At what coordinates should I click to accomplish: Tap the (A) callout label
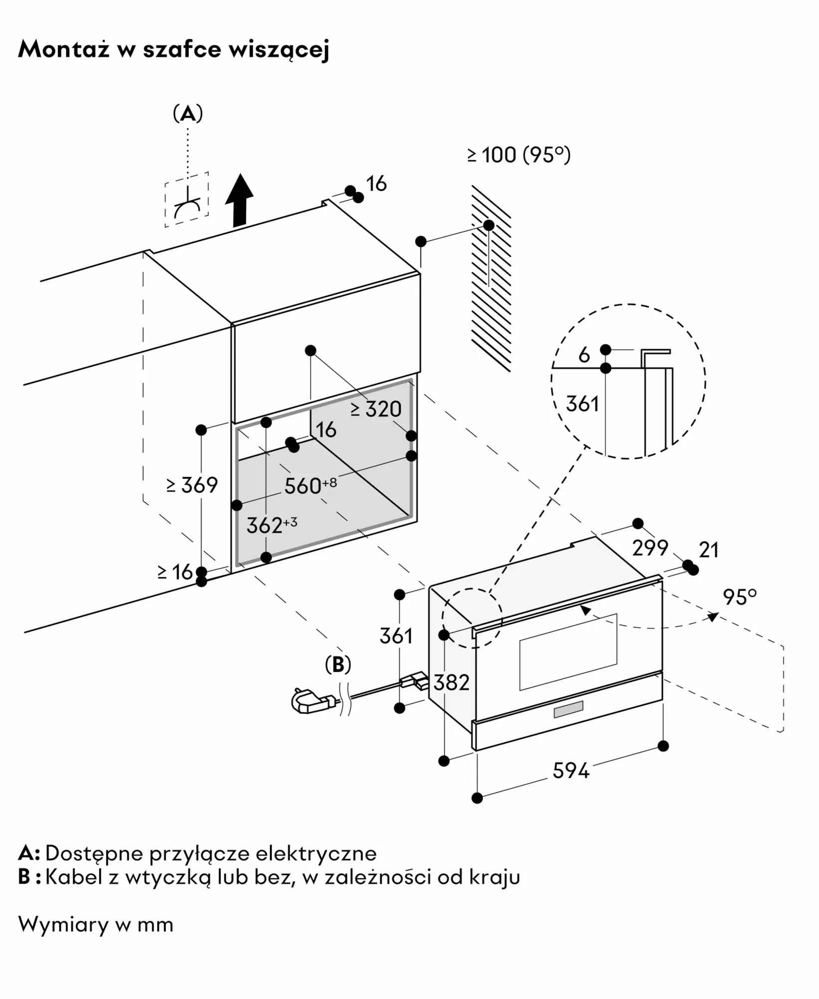[x=188, y=114]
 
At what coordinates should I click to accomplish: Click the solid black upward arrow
[x=239, y=200]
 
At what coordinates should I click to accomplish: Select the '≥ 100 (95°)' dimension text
[x=519, y=155]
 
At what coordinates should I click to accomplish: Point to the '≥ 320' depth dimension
[x=376, y=409]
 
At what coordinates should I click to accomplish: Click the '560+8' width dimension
[x=310, y=486]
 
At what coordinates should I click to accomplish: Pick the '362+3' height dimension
[x=272, y=525]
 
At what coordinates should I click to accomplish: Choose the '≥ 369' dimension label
[x=192, y=485]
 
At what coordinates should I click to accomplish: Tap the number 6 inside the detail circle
[x=584, y=355]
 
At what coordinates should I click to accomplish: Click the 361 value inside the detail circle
[x=582, y=404]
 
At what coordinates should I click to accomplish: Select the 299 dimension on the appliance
[x=650, y=548]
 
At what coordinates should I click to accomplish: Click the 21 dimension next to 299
[x=709, y=550]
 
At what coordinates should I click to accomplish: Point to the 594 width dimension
[x=571, y=771]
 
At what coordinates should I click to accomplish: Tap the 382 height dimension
[x=451, y=682]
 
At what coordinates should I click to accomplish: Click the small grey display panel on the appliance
[x=568, y=709]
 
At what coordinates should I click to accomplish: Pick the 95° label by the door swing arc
[x=740, y=597]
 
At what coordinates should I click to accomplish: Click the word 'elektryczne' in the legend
[x=316, y=853]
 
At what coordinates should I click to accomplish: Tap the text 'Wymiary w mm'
[x=96, y=925]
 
